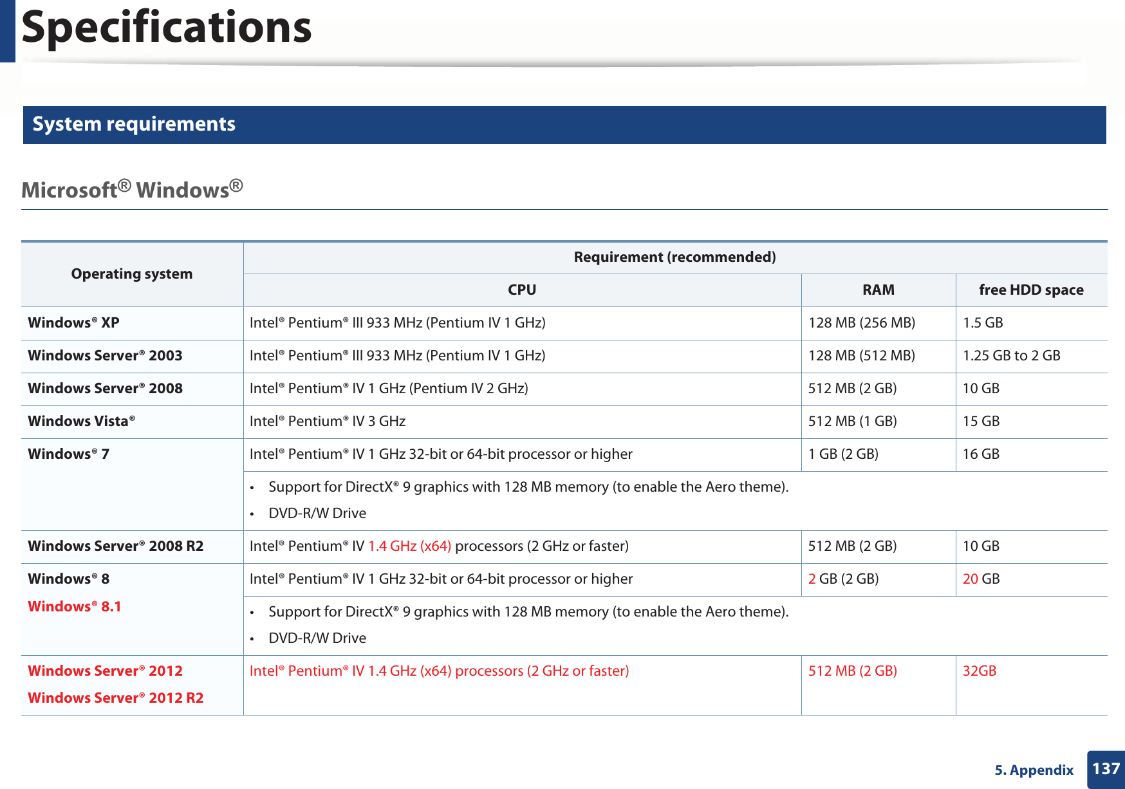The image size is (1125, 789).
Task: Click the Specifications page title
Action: click(x=166, y=28)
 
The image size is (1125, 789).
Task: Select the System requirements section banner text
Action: click(x=134, y=124)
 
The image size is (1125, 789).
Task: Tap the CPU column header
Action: click(x=521, y=290)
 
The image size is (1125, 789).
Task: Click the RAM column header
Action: click(x=878, y=290)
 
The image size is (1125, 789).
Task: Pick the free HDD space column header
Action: click(x=1030, y=290)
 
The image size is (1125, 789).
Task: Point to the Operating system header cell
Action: click(x=131, y=274)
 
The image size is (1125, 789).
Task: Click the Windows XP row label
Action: click(x=73, y=323)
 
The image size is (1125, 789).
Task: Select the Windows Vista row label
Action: click(x=81, y=422)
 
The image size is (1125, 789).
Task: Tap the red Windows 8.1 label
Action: click(x=74, y=607)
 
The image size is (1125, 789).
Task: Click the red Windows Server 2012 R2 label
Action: click(x=115, y=698)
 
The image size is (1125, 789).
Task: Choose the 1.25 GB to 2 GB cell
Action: click(x=1011, y=356)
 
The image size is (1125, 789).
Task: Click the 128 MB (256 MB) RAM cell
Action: click(x=861, y=323)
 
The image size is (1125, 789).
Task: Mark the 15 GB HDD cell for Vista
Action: click(x=981, y=422)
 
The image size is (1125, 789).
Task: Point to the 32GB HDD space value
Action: click(x=979, y=671)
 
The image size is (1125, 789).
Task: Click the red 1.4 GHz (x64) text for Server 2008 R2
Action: click(x=409, y=546)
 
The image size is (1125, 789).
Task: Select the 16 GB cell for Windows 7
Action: click(x=981, y=454)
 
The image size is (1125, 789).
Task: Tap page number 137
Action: click(x=1106, y=769)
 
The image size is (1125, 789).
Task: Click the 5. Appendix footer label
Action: click(x=1034, y=770)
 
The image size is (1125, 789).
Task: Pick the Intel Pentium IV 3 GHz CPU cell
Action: click(x=327, y=422)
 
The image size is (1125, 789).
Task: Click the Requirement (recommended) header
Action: click(x=674, y=257)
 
